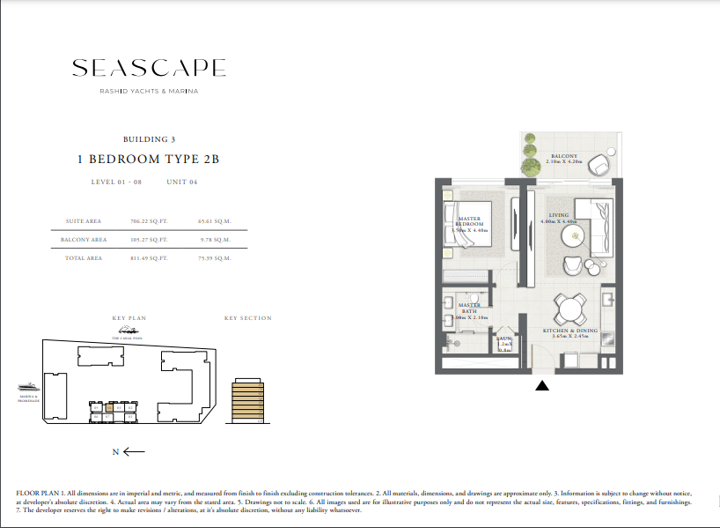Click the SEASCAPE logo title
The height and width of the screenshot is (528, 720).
149,68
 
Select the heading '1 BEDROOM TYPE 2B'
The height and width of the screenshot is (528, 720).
148,160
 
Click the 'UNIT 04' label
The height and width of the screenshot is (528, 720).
180,182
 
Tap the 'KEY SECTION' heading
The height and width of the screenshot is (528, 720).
248,318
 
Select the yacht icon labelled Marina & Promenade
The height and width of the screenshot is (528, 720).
28,386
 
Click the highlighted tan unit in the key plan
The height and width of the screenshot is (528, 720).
109,407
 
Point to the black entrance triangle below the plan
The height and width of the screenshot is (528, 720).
543,384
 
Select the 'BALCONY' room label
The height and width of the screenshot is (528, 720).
564,156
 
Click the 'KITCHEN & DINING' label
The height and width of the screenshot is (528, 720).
569,331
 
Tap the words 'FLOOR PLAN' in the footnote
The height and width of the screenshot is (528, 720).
33,491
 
